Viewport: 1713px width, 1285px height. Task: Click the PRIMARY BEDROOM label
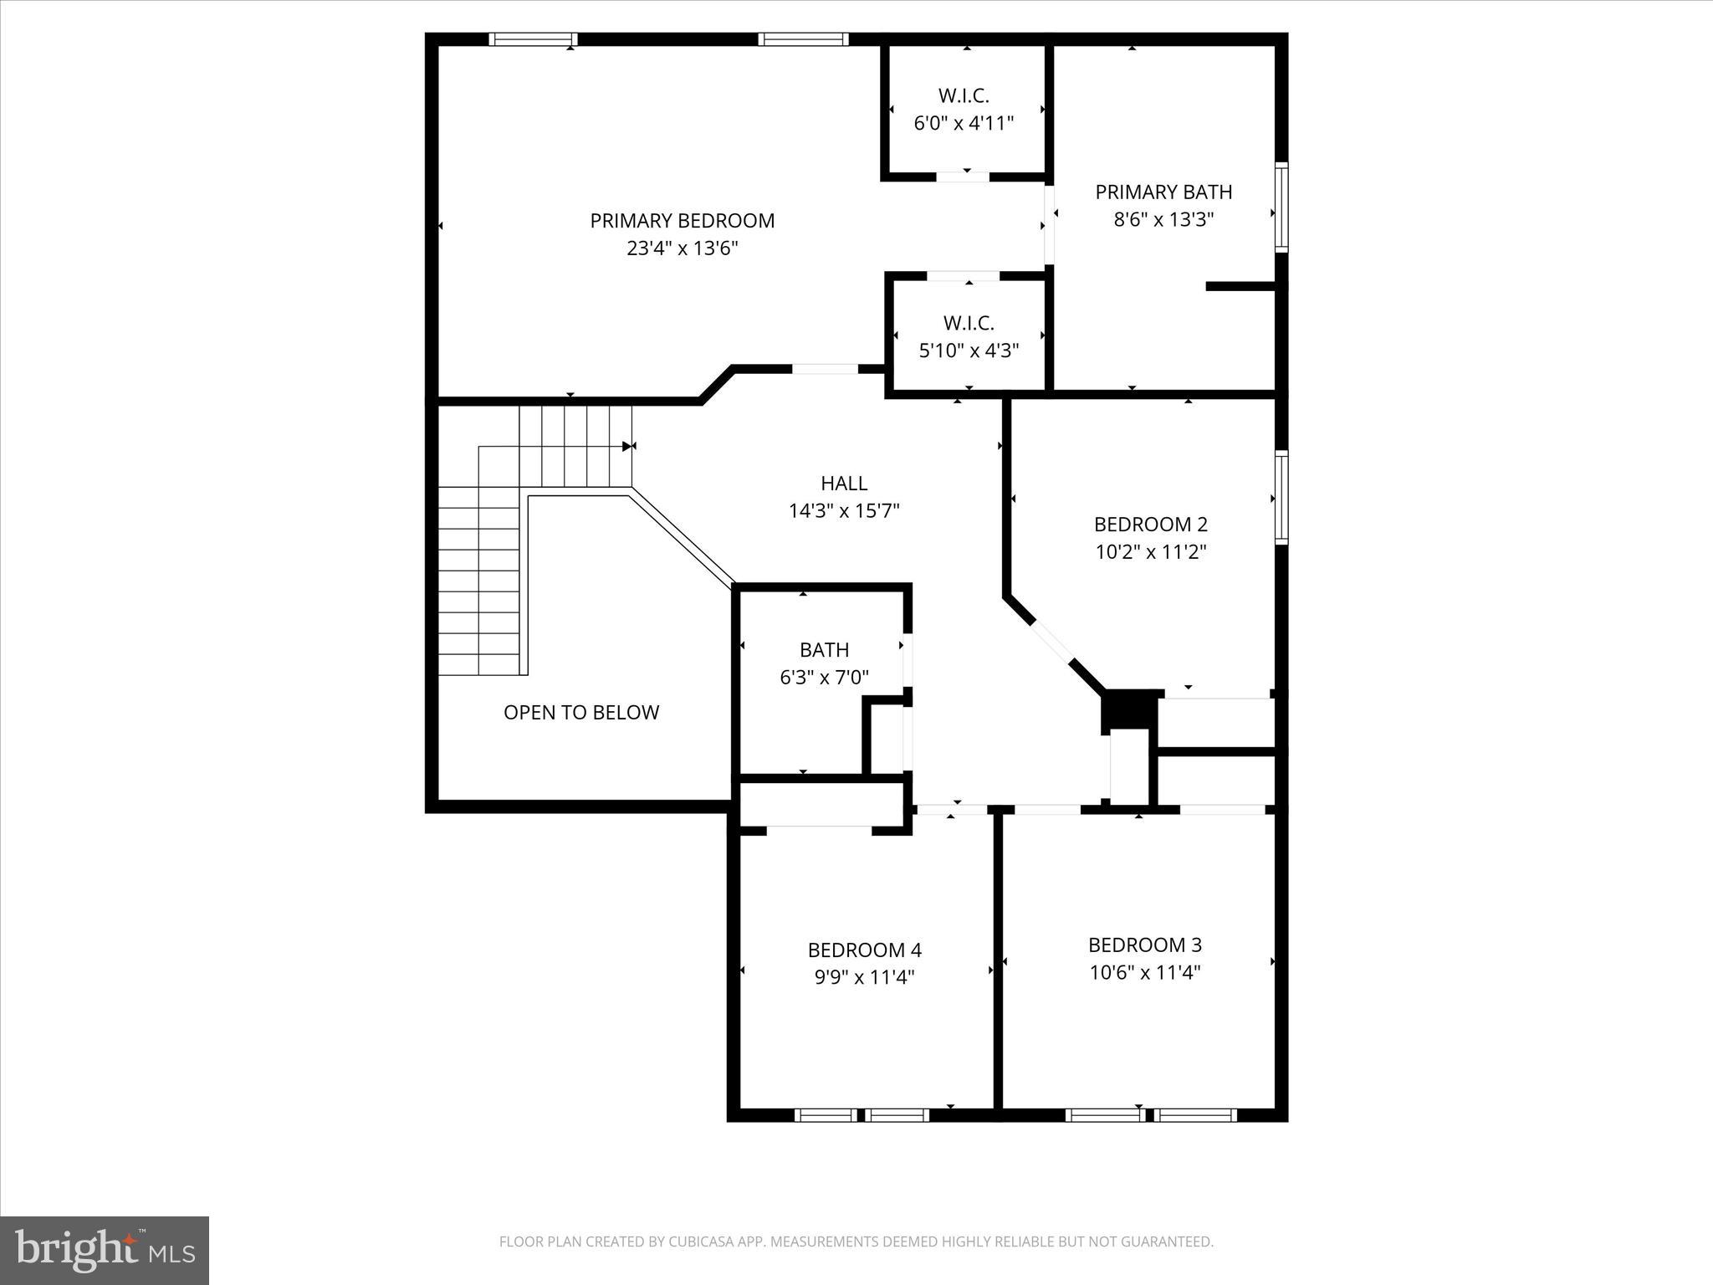[683, 221]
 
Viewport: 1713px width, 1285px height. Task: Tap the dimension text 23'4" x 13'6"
[683, 248]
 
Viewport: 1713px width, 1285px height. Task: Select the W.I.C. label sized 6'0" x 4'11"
[964, 96]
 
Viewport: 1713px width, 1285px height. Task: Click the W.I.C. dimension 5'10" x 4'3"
[969, 351]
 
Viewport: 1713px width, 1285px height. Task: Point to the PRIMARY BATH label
[1163, 192]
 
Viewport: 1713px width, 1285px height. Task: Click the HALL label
[844, 484]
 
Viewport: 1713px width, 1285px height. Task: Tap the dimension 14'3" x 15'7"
[844, 511]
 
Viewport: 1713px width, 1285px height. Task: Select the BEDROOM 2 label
[1151, 525]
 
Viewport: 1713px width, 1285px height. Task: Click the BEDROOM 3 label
[1145, 945]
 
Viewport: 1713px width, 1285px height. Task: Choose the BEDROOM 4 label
[865, 950]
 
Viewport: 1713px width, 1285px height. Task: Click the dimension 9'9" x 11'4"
[865, 977]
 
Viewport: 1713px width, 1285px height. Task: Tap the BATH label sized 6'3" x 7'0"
[824, 650]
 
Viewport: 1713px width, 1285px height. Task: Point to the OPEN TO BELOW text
[581, 713]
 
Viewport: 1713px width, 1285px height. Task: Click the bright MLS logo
[105, 1251]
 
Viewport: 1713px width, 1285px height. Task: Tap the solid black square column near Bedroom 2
[1128, 710]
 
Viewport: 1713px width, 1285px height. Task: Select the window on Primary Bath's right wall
[1281, 207]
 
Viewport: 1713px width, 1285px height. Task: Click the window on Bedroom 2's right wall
[1281, 498]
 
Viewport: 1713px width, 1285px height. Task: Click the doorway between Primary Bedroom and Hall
[825, 369]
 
